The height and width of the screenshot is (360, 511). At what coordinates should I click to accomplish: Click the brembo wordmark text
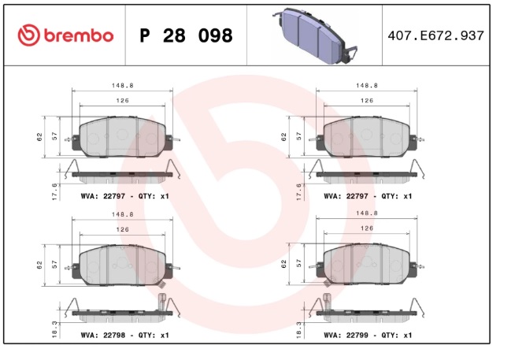[x=79, y=35]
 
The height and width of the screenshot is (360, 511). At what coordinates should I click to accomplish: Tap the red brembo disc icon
[x=28, y=35]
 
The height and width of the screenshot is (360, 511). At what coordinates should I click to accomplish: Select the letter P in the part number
[x=145, y=36]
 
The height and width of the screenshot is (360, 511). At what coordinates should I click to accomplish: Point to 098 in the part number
[x=216, y=36]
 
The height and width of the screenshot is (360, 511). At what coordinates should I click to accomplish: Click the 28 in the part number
[x=174, y=36]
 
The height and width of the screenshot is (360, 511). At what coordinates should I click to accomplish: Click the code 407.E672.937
[x=436, y=35]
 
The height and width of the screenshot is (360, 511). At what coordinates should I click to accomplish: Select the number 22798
[x=114, y=336]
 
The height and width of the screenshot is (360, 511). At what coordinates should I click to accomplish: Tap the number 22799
[x=357, y=336]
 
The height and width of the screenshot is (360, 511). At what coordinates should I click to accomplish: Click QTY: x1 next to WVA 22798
[x=154, y=336]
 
